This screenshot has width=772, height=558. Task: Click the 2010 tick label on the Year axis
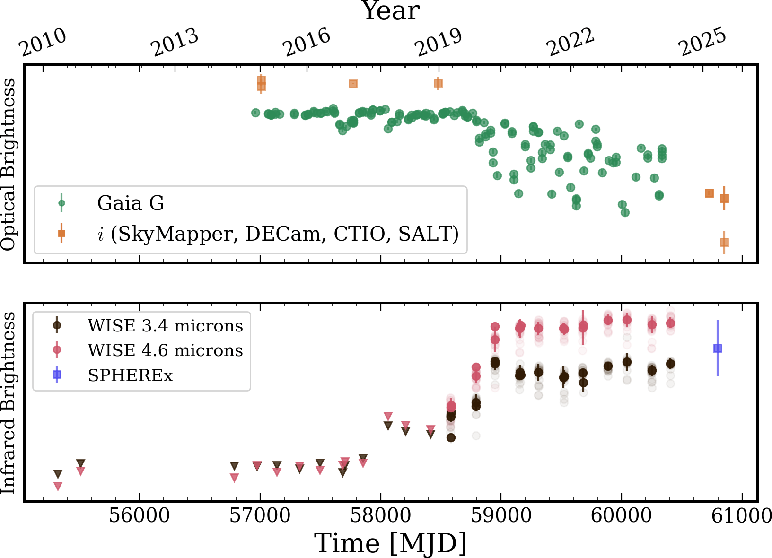pyautogui.click(x=44, y=44)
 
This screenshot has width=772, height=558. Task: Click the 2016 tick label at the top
pyautogui.click(x=307, y=44)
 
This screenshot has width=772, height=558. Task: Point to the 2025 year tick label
pyautogui.click(x=703, y=44)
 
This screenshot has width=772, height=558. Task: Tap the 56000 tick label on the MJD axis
pyautogui.click(x=139, y=515)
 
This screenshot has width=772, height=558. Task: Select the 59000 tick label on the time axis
pyautogui.click(x=500, y=515)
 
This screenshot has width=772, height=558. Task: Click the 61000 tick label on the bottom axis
pyautogui.click(x=742, y=515)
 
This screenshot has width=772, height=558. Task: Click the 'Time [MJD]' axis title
pyautogui.click(x=391, y=543)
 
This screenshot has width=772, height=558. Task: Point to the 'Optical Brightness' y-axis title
pyautogui.click(x=9, y=164)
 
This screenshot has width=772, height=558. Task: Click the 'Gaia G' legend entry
pyautogui.click(x=131, y=203)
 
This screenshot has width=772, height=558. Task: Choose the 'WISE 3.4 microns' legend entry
pyautogui.click(x=165, y=325)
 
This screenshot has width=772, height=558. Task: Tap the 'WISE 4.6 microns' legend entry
pyautogui.click(x=165, y=350)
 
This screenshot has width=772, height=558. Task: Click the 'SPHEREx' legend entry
pyautogui.click(x=130, y=375)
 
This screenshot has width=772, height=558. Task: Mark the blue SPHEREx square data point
pyautogui.click(x=718, y=348)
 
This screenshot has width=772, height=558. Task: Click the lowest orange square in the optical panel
pyautogui.click(x=724, y=242)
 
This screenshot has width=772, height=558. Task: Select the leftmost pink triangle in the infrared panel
pyautogui.click(x=58, y=486)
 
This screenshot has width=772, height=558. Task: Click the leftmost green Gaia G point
pyautogui.click(x=255, y=113)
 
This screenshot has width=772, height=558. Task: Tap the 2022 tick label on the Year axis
pyautogui.click(x=571, y=44)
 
